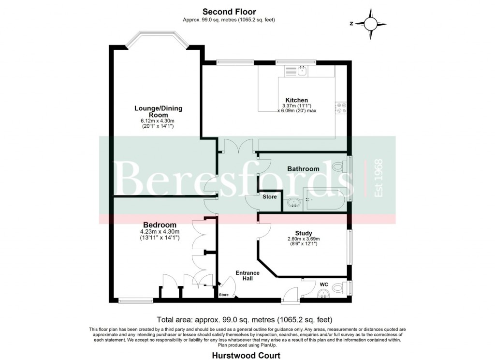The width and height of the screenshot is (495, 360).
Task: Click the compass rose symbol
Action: coord(371,24)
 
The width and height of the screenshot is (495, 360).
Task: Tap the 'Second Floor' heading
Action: coord(229,12)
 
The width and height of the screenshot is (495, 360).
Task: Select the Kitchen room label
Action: coord(297,100)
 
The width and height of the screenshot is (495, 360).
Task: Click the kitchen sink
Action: coord(302,71)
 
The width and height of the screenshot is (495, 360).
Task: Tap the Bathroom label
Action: coord(303,169)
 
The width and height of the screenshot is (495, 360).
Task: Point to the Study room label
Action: coord(303,233)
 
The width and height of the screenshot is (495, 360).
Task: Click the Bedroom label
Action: coord(160,225)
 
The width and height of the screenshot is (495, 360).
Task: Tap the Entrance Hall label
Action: coord(247,276)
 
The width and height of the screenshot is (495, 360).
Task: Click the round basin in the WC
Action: coord(323,294)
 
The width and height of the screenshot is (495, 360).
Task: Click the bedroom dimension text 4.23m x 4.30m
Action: coord(160,232)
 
